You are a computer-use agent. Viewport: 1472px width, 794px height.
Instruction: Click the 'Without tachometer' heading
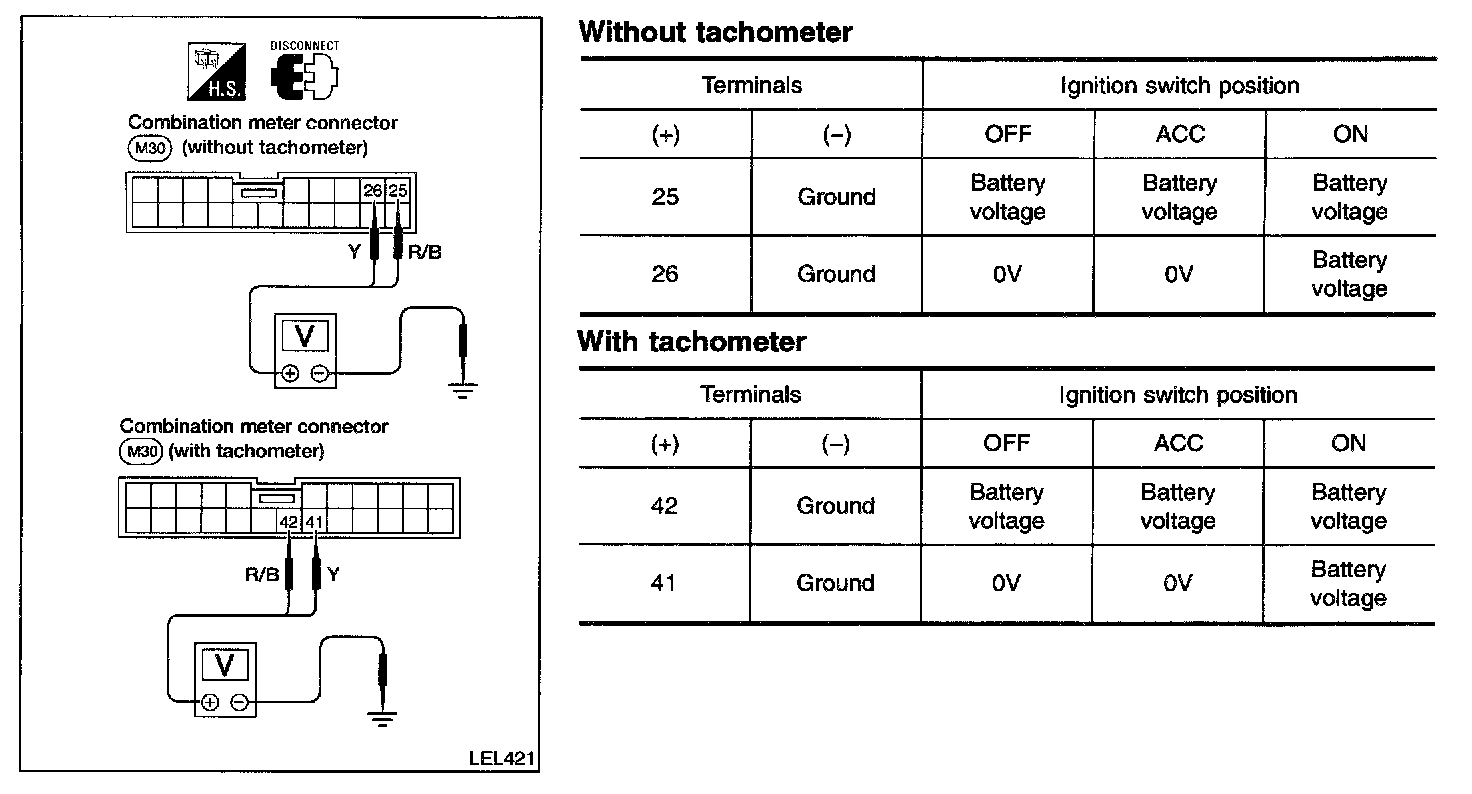(715, 32)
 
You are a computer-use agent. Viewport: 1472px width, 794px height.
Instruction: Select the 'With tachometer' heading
(692, 341)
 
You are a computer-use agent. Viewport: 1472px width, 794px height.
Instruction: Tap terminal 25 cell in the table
(665, 197)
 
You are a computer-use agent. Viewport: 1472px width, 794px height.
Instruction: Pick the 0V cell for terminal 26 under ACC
(1179, 274)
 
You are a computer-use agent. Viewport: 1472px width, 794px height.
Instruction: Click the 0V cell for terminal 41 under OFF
(1006, 583)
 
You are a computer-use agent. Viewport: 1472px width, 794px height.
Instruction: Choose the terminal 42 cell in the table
(664, 506)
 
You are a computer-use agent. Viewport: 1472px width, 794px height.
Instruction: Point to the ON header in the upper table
(1350, 134)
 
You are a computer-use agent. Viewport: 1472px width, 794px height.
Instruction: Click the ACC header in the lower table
(1178, 443)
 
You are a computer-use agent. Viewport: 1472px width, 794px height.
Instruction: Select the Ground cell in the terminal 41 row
(835, 583)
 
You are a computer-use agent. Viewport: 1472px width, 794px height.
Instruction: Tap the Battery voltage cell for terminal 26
(1349, 274)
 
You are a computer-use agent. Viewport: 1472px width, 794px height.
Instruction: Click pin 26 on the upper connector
(373, 190)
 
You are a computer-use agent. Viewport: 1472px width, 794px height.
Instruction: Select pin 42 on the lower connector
(289, 521)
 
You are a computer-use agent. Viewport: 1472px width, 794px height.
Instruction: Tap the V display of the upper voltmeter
(306, 337)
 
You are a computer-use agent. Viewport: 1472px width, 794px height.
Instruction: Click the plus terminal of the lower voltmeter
(209, 702)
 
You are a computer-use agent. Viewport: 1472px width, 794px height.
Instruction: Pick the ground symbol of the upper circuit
(461, 390)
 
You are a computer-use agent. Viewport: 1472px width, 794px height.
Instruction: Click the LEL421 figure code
(499, 757)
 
